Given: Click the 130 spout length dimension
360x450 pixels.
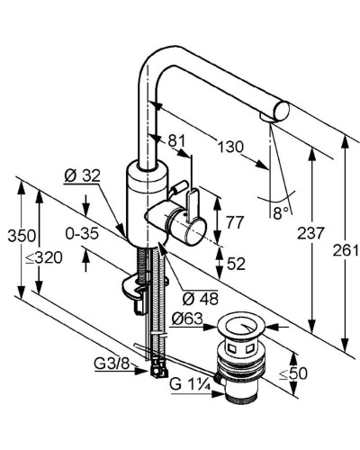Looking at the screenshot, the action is [230, 148].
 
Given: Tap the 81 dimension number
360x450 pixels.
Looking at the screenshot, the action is [176, 140].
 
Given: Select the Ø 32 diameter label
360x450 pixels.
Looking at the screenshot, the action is [82, 175].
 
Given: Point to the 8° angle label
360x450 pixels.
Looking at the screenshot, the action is [282, 213].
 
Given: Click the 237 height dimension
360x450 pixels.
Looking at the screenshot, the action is [311, 233].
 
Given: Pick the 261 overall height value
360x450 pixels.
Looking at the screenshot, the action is [346, 250].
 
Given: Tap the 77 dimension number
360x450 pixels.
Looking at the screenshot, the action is [235, 222].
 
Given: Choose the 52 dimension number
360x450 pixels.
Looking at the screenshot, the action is [236, 264].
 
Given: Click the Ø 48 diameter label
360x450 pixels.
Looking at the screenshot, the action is [201, 298].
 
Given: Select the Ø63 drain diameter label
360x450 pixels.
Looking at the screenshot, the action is [187, 319].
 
